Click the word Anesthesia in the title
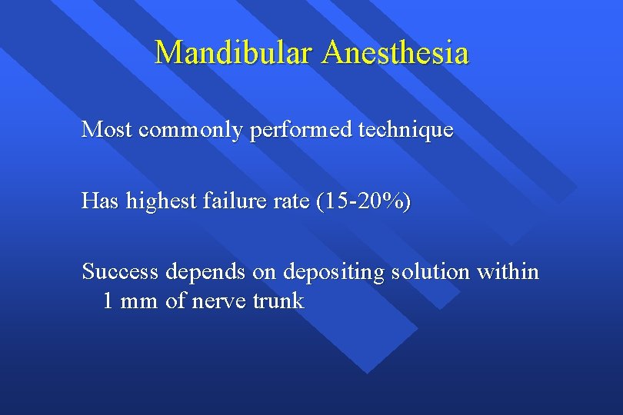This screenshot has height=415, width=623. [395, 53]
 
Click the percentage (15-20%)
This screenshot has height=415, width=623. [361, 202]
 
